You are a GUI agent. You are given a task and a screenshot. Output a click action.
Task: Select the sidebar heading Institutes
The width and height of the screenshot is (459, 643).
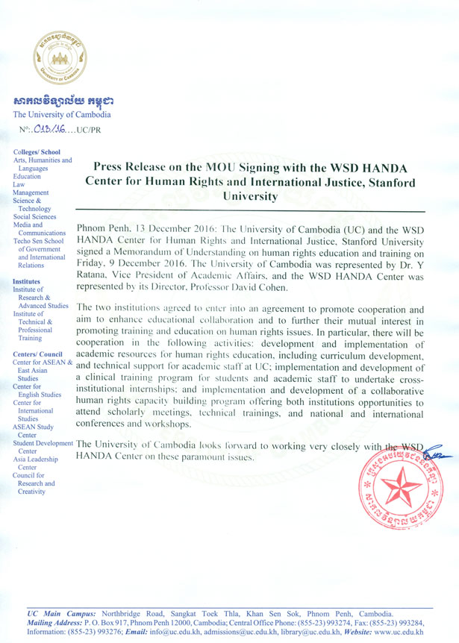27,281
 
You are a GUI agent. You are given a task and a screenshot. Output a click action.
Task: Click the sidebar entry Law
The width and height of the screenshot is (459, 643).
20,185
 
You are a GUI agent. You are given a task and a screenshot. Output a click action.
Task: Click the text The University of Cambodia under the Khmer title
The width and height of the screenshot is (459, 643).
62,115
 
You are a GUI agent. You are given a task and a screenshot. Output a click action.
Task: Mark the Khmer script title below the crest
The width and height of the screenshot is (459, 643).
62,101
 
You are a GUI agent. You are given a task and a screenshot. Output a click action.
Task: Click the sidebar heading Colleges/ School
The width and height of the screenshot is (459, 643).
37,152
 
